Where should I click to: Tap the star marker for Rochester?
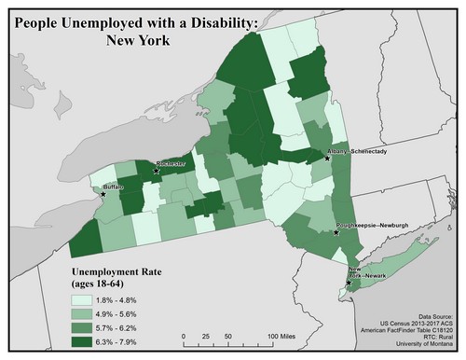[156, 171]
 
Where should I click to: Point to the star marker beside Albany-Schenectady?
[327, 159]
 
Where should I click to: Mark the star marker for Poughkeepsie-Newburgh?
[336, 234]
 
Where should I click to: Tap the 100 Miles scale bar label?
[285, 335]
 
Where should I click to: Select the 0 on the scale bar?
[185, 335]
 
